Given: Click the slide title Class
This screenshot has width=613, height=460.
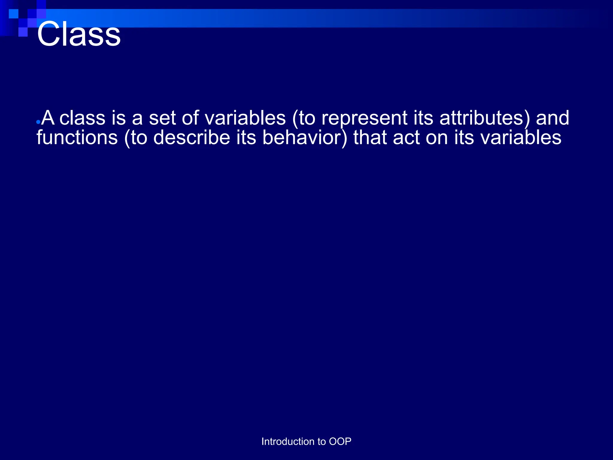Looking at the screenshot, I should (79, 34).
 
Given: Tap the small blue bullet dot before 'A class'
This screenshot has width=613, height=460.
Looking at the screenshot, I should (38, 122).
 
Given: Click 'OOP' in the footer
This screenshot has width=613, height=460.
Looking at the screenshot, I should (340, 441).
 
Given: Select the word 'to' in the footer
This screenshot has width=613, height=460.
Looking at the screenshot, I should (321, 441).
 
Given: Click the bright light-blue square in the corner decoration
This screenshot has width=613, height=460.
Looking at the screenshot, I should (13, 14).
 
